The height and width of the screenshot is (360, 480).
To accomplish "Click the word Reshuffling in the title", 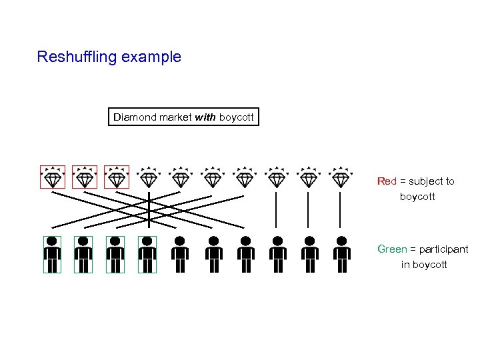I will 77,57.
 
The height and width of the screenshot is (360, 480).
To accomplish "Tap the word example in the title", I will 151,57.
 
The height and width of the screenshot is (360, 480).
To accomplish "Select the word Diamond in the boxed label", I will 135,117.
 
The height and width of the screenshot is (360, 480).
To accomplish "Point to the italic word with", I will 205,117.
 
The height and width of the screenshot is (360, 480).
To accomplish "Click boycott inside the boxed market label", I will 236,117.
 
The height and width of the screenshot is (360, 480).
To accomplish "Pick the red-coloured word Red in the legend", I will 387,181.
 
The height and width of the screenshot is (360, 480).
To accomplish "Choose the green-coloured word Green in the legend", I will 392,249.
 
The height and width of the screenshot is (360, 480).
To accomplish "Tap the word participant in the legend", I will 443,249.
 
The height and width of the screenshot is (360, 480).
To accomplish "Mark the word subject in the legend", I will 429,181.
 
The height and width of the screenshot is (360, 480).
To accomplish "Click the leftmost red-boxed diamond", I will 53,178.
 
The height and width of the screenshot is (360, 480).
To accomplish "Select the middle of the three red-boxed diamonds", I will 85,178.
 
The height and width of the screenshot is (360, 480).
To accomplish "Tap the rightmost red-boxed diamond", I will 117,178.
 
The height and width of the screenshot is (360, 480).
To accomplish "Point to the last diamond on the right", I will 341,178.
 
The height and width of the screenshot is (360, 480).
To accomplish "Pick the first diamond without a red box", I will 149,178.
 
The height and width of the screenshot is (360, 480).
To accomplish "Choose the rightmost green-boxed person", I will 148,255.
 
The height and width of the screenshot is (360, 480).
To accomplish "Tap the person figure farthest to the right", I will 341,255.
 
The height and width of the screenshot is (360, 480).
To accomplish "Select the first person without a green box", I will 180,255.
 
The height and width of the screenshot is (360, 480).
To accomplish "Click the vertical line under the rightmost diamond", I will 341,210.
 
